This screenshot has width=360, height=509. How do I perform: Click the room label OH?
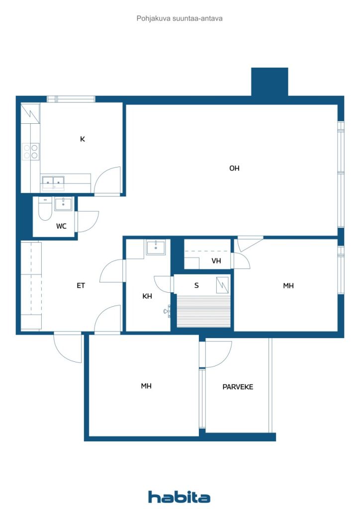pyautogui.click(x=234, y=169)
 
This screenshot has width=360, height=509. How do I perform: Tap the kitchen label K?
pyautogui.click(x=83, y=139)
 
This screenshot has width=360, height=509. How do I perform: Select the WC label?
pyautogui.click(x=61, y=226)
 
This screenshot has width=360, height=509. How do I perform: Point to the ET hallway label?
pyautogui.click(x=81, y=285)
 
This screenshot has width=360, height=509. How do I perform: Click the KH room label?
pyautogui.click(x=147, y=296)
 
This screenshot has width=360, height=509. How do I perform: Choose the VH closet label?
pyautogui.click(x=216, y=261)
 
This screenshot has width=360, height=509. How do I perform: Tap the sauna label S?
pyautogui.click(x=197, y=285)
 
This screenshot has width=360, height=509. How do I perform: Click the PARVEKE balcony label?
pyautogui.click(x=238, y=386)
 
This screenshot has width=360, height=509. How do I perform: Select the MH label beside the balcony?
pyautogui.click(x=146, y=386)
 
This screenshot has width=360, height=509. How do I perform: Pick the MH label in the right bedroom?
pyautogui.click(x=288, y=285)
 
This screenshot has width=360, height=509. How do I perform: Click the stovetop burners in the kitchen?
pyautogui.click(x=31, y=151)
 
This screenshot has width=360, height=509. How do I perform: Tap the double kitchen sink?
pyautogui.click(x=53, y=182)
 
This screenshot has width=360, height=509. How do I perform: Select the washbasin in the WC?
pyautogui.click(x=63, y=203)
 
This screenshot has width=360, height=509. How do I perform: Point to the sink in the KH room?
pyautogui.click(x=156, y=247)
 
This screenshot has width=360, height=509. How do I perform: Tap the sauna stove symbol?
pyautogui.click(x=223, y=285)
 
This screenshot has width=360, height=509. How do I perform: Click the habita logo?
pyautogui.click(x=179, y=497)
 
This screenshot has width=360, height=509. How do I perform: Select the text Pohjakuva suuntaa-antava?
pyautogui.click(x=180, y=18)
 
